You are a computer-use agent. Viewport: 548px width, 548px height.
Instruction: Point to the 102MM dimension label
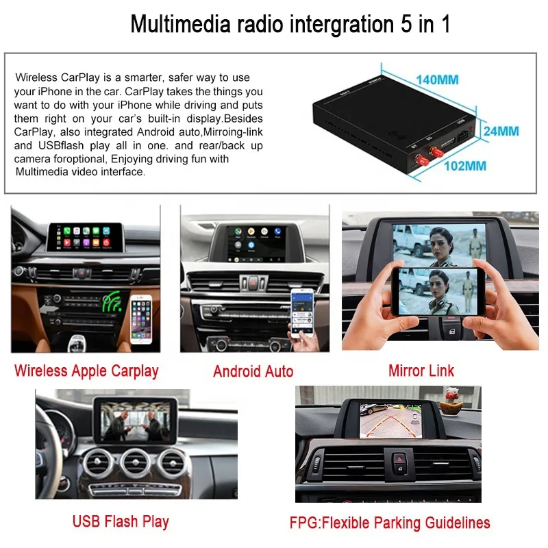tap(465, 166)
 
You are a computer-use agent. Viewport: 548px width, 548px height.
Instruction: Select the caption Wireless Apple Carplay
tap(86, 371)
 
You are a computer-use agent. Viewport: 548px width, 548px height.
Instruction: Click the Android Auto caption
tap(253, 371)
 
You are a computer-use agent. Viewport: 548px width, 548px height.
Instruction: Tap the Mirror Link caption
tap(421, 371)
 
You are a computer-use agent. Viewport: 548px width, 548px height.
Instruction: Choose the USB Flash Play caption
tap(121, 521)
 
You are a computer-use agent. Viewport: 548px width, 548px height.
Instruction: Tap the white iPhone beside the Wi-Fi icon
tap(142, 319)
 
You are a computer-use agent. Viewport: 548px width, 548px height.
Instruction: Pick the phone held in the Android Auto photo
tap(299, 312)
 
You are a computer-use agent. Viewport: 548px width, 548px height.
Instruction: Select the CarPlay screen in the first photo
tap(86, 237)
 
